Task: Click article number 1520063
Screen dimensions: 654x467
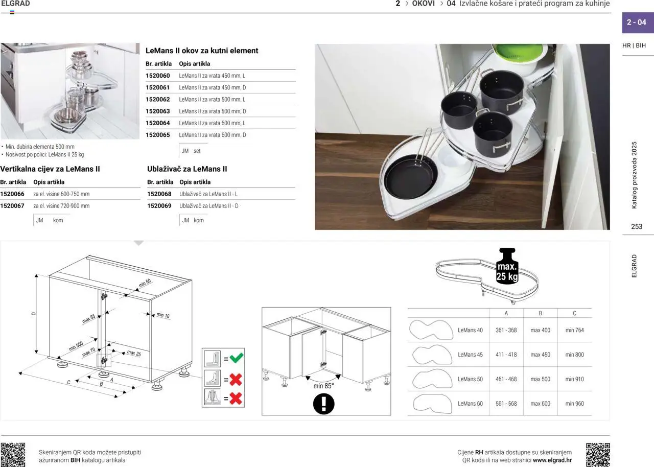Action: click(x=158, y=111)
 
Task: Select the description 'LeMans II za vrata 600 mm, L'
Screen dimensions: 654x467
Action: click(x=212, y=123)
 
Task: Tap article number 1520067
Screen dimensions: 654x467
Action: click(x=12, y=206)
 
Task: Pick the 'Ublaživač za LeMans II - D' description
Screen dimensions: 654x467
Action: click(x=209, y=206)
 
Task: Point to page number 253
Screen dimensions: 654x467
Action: click(x=637, y=226)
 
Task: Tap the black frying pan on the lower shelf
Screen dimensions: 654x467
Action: click(x=411, y=177)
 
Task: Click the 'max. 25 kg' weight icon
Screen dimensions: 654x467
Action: click(x=507, y=266)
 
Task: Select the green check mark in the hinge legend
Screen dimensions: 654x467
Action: click(x=236, y=358)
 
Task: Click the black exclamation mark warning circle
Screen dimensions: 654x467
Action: click(x=323, y=404)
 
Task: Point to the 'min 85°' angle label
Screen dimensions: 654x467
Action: click(x=323, y=386)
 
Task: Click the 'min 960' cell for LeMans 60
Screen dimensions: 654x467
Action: click(x=574, y=403)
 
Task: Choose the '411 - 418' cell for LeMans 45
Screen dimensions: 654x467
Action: click(x=506, y=355)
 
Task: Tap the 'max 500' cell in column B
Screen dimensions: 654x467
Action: click(x=540, y=379)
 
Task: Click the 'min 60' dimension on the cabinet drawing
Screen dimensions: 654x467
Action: click(x=145, y=283)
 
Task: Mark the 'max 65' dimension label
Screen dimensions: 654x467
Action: click(x=89, y=319)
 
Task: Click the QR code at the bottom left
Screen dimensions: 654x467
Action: click(x=13, y=455)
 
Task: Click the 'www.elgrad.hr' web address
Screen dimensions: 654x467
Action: click(x=552, y=460)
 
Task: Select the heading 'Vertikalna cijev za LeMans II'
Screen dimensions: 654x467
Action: click(x=50, y=169)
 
